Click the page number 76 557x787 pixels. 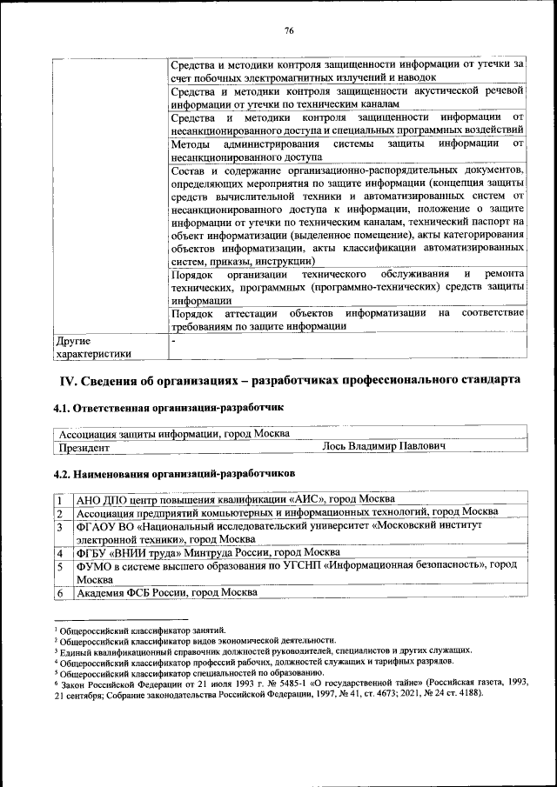pos(288,31)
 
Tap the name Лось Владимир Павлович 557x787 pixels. pos(384,447)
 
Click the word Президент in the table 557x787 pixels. pos(84,447)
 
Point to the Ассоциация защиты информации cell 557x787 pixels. pos(173,433)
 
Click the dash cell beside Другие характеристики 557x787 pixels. pos(173,341)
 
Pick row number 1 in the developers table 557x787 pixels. pos(58,499)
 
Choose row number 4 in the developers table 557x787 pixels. pos(58,552)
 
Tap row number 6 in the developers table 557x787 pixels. pos(58,592)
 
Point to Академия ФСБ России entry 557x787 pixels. pos(165,592)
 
